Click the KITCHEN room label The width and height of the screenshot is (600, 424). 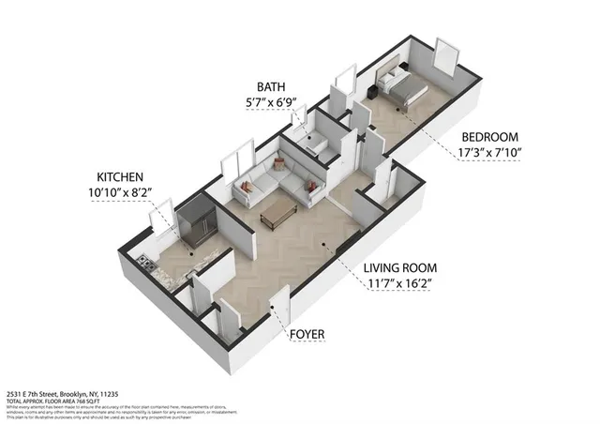pos(121,176)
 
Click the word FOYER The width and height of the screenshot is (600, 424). pos(307,333)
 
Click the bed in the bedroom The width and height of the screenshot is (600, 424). pos(402,87)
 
